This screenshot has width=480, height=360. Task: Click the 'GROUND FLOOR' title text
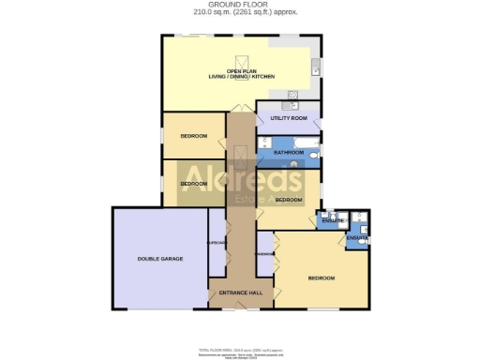click(240, 5)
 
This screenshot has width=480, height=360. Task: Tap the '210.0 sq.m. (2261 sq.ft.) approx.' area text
click(240, 13)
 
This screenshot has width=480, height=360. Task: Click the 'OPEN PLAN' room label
click(240, 71)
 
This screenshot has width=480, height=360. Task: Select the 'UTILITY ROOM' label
click(289, 119)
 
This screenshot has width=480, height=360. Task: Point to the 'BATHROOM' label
click(288, 151)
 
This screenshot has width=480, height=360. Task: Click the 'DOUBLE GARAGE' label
click(159, 258)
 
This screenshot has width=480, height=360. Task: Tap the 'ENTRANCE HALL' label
click(240, 294)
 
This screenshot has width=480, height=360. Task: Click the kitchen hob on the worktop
click(292, 94)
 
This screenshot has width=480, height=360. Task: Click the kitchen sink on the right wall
click(317, 67)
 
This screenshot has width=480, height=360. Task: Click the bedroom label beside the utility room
click(194, 136)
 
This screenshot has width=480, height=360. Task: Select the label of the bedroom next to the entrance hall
click(321, 277)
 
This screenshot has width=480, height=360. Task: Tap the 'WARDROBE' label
click(264, 254)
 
